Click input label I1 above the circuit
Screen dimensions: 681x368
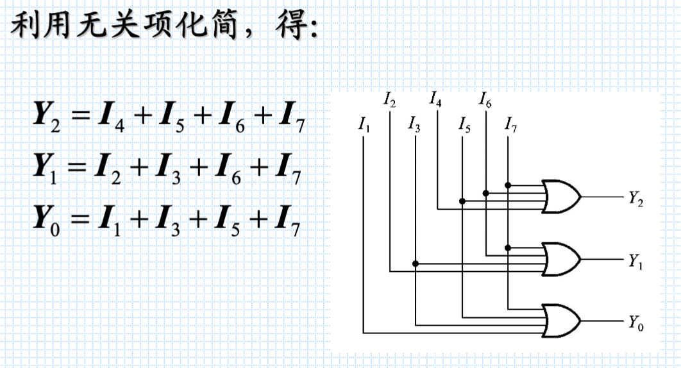click(364, 123)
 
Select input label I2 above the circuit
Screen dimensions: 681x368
click(390, 99)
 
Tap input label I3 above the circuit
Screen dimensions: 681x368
click(415, 123)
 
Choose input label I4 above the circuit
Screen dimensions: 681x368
click(436, 99)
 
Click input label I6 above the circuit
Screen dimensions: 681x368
click(485, 99)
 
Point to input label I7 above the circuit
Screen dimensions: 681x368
click(511, 123)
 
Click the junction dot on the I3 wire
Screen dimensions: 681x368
click(416, 263)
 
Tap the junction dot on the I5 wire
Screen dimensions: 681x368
click(462, 201)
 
